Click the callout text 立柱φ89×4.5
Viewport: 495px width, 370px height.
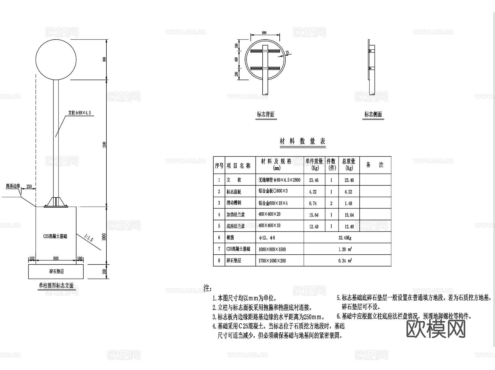(x=79, y=113)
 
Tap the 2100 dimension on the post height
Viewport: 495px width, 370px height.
(x=104, y=144)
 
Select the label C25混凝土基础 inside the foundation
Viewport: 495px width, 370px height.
(x=55, y=236)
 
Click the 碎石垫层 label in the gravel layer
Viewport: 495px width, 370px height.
(x=56, y=272)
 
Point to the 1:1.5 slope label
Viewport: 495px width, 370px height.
(x=89, y=238)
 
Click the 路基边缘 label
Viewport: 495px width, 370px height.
(x=13, y=186)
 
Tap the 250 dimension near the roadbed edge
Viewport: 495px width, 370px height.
(x=29, y=187)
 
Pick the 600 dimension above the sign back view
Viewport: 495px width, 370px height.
(x=264, y=33)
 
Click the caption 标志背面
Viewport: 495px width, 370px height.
(x=265, y=115)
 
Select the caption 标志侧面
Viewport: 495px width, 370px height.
(x=373, y=115)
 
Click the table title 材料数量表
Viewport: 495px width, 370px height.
(x=302, y=141)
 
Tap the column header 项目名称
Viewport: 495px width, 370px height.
(x=238, y=166)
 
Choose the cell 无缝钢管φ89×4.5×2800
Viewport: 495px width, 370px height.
(x=279, y=180)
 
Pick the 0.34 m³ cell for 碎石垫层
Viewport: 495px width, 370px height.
(x=345, y=261)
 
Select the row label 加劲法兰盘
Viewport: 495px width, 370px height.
(x=236, y=215)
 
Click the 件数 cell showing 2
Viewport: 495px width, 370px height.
(x=331, y=203)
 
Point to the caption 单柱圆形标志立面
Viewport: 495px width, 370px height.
(x=56, y=286)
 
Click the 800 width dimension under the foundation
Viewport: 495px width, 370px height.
(x=56, y=258)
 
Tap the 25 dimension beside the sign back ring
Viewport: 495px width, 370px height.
(x=287, y=52)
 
